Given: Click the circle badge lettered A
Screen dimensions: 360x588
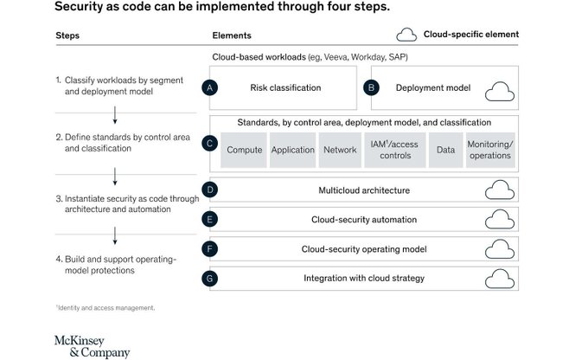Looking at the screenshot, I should (208, 88).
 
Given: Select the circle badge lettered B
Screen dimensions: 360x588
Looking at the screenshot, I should (370, 88).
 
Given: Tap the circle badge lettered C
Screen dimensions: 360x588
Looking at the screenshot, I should (208, 143).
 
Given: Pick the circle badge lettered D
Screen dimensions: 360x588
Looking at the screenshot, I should (208, 190).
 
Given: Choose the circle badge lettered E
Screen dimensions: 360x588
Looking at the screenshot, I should (208, 220).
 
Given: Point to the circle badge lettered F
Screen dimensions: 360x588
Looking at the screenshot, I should (208, 249).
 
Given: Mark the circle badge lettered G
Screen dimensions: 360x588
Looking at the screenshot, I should (208, 279).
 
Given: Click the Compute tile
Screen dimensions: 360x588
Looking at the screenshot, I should (245, 150).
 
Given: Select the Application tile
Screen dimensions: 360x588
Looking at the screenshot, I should (293, 150).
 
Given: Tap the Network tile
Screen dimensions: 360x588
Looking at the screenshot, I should (340, 150).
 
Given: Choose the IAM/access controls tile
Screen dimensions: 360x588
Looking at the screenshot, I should (393, 150).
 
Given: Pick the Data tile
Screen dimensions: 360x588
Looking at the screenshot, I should (445, 150).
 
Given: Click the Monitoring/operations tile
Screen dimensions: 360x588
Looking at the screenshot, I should (489, 150).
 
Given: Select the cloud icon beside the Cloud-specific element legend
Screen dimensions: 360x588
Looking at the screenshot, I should (406, 35).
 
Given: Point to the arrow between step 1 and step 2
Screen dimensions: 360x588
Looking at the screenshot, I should (114, 116).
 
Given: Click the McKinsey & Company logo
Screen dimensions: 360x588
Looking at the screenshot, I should (92, 345).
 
